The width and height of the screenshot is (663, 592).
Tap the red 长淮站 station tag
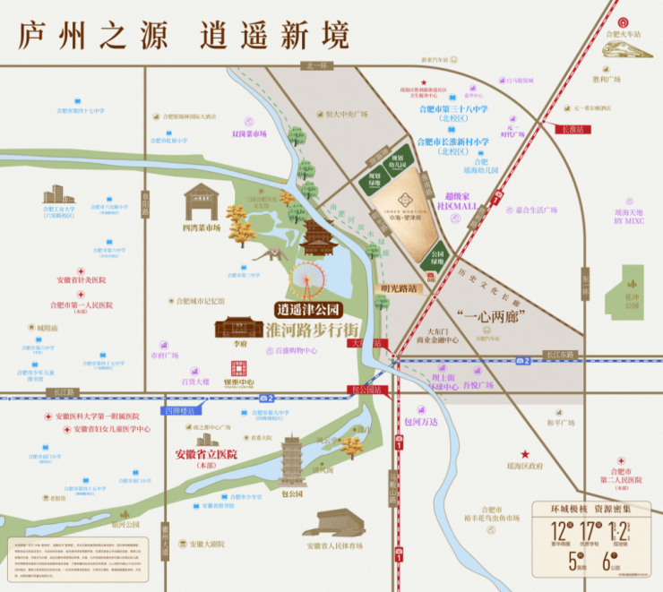coord(571,129)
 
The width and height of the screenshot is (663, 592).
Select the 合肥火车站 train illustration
coord(627,48)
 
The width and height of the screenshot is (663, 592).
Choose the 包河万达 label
coord(421,421)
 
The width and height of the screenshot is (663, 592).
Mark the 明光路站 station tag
coord(400,288)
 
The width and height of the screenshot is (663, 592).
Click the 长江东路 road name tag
coord(559,355)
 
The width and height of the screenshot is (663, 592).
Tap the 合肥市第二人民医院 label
coord(623,476)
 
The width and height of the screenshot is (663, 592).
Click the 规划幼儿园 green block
coord(396,161)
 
